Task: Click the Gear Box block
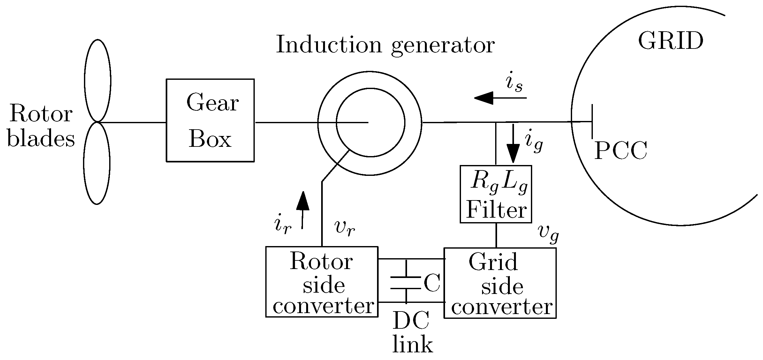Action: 210,120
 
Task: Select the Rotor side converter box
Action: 322,281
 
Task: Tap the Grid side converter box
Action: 500,283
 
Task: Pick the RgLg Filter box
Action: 495,194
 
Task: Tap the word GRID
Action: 670,41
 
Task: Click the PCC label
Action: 621,151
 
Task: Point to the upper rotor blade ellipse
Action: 98,80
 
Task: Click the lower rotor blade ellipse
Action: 97,163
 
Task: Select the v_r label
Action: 344,228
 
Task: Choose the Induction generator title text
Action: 385,45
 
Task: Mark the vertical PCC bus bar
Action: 593,121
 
